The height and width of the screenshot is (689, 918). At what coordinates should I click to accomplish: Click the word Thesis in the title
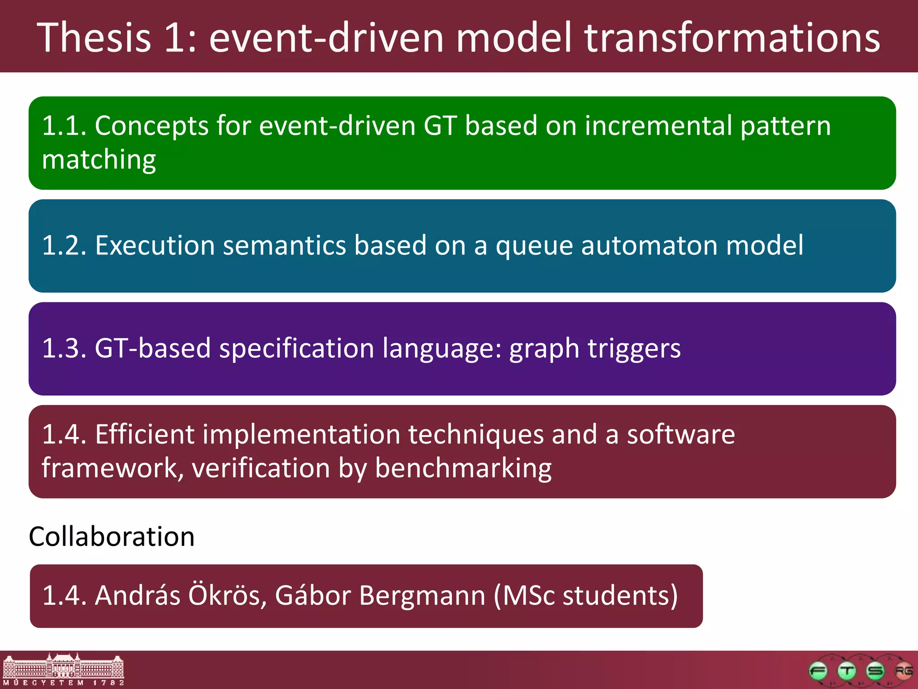coord(94,38)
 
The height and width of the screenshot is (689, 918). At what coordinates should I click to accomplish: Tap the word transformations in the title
coord(732,38)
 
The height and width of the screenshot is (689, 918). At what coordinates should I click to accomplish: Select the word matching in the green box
coord(99,160)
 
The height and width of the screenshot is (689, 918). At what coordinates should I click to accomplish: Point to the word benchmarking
coord(463,469)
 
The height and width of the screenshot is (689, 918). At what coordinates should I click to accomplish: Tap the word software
coord(680,435)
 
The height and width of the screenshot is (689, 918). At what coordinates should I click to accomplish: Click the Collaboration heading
coord(112,536)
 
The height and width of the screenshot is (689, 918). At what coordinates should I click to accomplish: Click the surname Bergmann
coord(422,596)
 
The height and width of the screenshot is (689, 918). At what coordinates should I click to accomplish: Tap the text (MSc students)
coord(585,596)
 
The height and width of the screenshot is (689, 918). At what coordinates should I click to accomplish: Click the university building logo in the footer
coord(63,670)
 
